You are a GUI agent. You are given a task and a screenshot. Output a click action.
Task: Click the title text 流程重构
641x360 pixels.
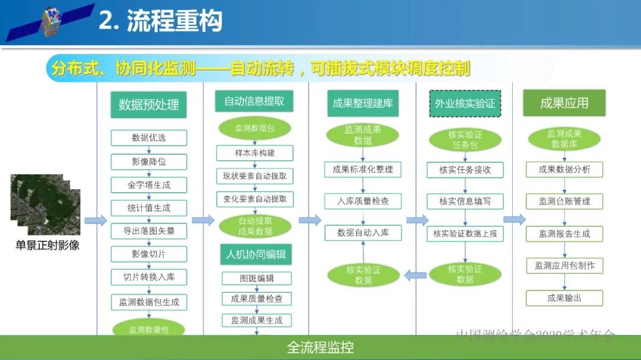coord(160,21)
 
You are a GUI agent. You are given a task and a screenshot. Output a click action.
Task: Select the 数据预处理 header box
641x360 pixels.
coord(148,104)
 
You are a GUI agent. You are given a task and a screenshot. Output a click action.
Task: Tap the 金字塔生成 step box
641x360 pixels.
coord(148,184)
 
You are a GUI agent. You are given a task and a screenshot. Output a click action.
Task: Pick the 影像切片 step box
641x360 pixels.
coord(148,254)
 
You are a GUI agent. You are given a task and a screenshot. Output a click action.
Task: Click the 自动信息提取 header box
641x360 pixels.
coord(254,101)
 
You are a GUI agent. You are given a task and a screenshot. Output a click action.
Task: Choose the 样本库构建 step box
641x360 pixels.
coord(254,152)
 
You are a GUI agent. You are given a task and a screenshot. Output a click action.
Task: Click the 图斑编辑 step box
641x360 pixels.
coord(256,278)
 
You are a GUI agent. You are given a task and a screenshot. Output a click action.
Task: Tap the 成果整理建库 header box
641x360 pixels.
coord(363,103)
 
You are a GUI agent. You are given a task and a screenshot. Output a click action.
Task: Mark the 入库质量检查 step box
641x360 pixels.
coord(363,201)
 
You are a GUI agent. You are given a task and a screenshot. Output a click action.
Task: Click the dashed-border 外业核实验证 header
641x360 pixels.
coord(465,103)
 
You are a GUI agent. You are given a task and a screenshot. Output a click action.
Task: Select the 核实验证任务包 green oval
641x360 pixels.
coord(465,140)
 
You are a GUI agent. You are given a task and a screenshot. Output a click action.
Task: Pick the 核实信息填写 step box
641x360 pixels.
coord(465,201)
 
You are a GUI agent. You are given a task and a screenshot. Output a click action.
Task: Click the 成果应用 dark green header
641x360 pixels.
coord(564,103)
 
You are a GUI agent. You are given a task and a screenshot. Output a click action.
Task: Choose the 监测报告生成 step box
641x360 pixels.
coord(564,234)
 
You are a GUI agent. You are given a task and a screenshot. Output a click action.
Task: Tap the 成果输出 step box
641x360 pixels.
coord(564,298)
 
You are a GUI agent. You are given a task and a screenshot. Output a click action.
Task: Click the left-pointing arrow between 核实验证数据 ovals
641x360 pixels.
coord(415,274)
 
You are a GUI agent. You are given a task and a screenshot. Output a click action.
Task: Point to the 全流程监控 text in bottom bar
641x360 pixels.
coord(320,348)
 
